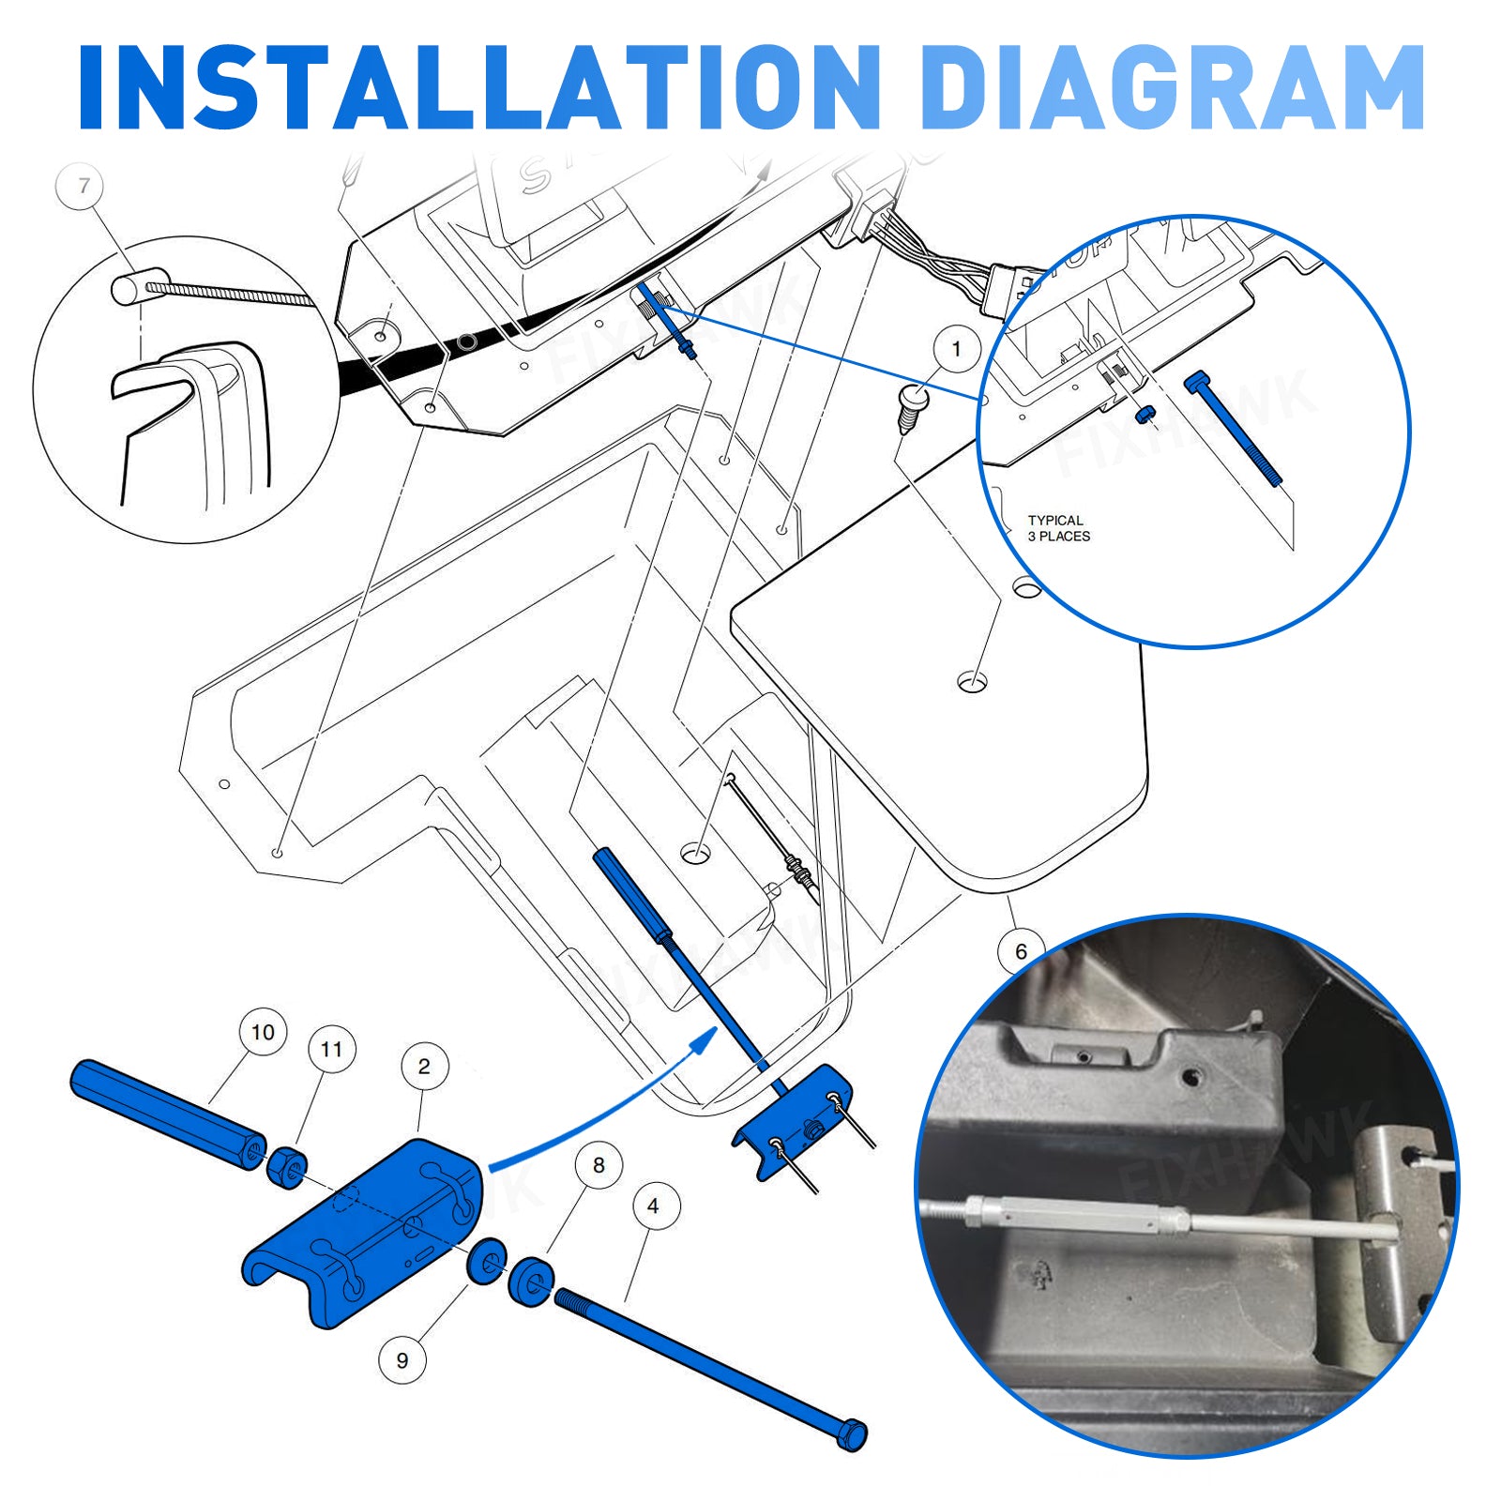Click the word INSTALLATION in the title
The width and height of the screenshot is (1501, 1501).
pos(478,86)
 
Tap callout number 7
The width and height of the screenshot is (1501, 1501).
pos(84,186)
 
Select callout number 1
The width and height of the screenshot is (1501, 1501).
pos(956,350)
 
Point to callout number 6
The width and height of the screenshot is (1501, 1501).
pos(1021,951)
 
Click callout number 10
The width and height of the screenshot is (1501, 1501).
pos(263,1032)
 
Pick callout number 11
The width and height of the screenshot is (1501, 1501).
pos(332,1049)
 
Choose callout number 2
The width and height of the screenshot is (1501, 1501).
pos(424,1066)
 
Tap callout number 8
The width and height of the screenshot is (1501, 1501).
pos(599,1165)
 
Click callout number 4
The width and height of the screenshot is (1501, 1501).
pos(654,1205)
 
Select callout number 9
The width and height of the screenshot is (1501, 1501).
pos(402,1359)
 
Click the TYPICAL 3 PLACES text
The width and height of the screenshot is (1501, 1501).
pos(1058,528)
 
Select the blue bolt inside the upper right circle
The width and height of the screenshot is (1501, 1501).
pos(1234,430)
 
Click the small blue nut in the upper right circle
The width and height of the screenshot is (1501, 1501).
pos(1145,414)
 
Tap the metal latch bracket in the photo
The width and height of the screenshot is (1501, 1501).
pos(1398,1229)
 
